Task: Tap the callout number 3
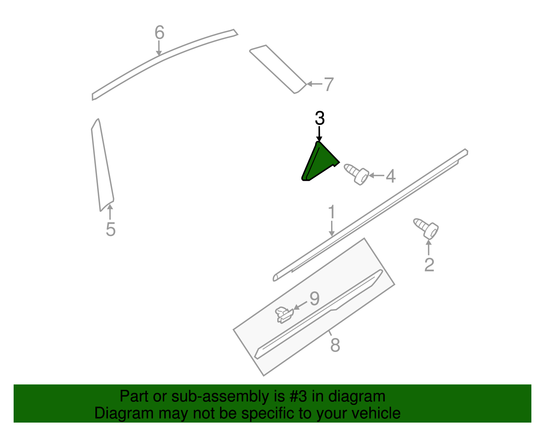pyautogui.click(x=320, y=118)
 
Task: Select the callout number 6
pyautogui.click(x=159, y=33)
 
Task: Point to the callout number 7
pyautogui.click(x=328, y=84)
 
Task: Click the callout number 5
pyautogui.click(x=110, y=229)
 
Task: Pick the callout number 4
pyautogui.click(x=390, y=176)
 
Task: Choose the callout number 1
pyautogui.click(x=331, y=212)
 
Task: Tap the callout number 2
pyautogui.click(x=429, y=265)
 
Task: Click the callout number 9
pyautogui.click(x=314, y=299)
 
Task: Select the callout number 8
pyautogui.click(x=335, y=345)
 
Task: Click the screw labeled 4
pyautogui.click(x=356, y=174)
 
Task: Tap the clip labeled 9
pyautogui.click(x=284, y=314)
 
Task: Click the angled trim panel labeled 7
pyautogui.click(x=278, y=69)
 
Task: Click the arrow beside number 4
pyautogui.click(x=376, y=176)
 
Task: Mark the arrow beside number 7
pyautogui.click(x=314, y=84)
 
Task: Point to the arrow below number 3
pyautogui.click(x=319, y=134)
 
